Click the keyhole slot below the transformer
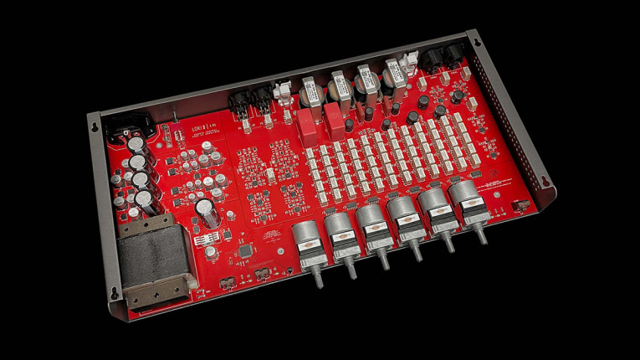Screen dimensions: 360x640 pos(115,292)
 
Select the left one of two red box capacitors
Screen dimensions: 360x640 pos(308,124)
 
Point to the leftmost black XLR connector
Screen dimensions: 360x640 pos(237,100)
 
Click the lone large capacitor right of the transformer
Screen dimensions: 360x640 pos(207,211)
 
